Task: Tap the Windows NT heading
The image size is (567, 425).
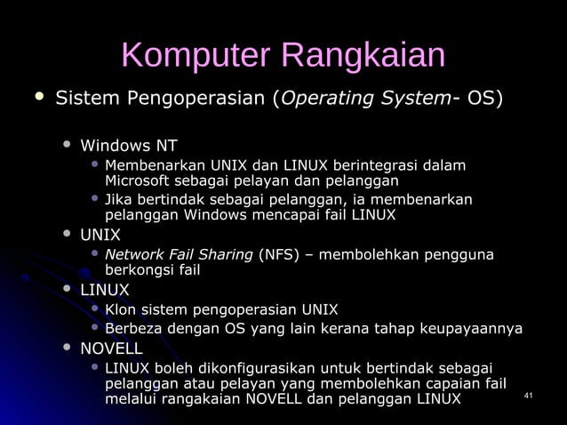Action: [129, 145]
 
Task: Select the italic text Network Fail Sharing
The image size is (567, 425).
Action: [179, 255]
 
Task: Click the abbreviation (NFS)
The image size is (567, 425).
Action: [278, 255]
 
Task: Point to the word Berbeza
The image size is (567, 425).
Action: [132, 329]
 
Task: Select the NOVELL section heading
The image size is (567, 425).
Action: [111, 348]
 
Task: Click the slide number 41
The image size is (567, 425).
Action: [531, 395]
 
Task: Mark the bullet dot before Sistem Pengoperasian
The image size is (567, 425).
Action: [37, 95]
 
